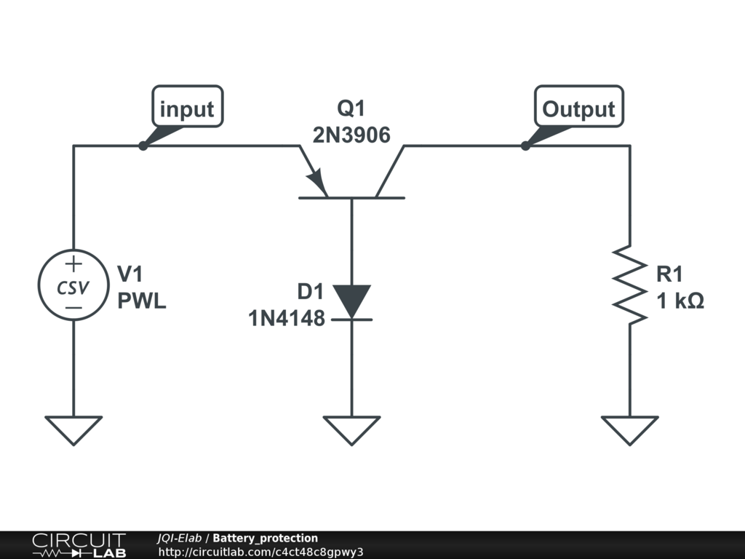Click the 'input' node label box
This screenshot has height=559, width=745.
coord(187,108)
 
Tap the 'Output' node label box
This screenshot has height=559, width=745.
coord(578,108)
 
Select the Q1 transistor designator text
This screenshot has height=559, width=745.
coord(351,109)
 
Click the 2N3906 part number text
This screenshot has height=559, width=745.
coord(351,135)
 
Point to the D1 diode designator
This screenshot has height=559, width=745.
coord(309,291)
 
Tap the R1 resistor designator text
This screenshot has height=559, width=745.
coord(669,274)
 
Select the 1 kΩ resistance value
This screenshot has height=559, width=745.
coord(680,301)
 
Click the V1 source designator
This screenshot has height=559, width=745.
coord(130,274)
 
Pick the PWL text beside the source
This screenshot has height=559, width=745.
coord(142,301)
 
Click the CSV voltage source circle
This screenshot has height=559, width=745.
coord(73,287)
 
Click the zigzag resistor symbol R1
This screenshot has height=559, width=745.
coord(630,284)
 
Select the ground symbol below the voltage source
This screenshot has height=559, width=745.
coord(73,429)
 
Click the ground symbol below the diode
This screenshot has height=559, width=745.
coord(352,429)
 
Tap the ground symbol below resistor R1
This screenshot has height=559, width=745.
coord(630,429)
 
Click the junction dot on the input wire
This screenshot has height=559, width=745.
coord(143,146)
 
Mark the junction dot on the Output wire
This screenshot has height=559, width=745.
coord(525,146)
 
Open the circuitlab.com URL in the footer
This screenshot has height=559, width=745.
coord(260,552)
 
